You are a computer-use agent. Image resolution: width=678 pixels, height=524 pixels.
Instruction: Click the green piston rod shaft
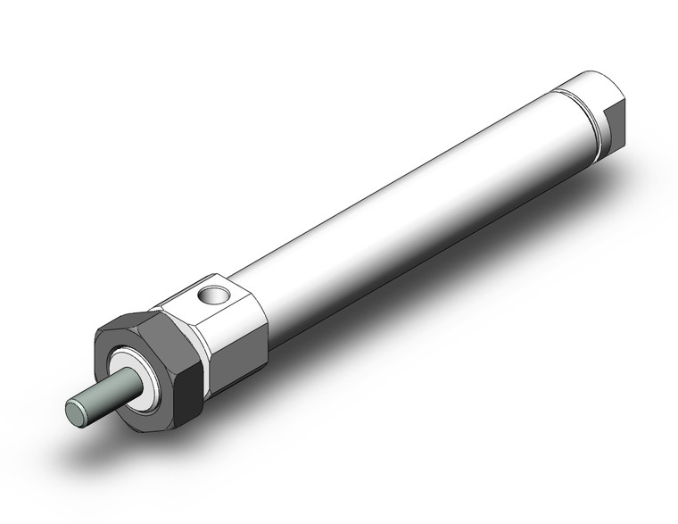tap(106, 394)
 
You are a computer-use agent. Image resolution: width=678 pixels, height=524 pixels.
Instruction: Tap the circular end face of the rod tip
tap(75, 412)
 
